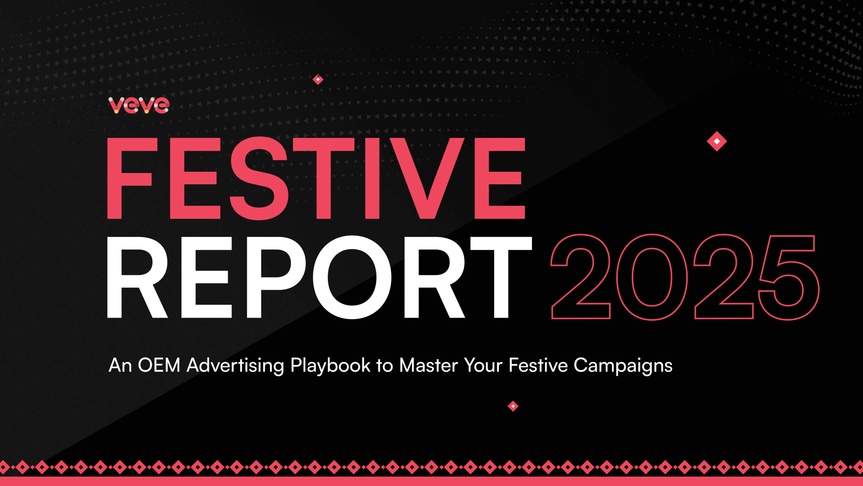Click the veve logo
(139, 105)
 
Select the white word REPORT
(319, 277)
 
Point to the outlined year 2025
(685, 277)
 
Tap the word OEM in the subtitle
(159, 365)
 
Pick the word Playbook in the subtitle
(330, 366)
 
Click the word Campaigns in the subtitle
(623, 366)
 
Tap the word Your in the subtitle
(483, 365)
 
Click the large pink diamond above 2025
(717, 141)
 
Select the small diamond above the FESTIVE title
(318, 79)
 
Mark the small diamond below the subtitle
(513, 406)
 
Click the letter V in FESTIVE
(427, 178)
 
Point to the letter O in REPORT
(352, 277)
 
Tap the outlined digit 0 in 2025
(652, 277)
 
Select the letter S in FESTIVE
(259, 178)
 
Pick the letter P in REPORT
(275, 277)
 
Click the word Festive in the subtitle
(538, 365)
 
